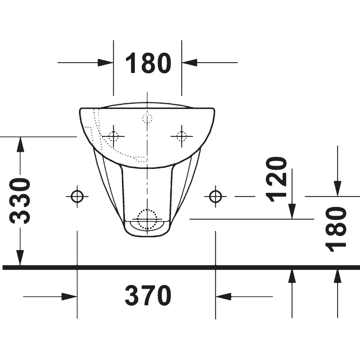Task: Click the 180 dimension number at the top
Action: (148, 63)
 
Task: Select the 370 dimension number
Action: (148, 296)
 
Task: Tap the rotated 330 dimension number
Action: (20, 201)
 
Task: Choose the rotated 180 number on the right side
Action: (337, 229)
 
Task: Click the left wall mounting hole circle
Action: (77, 196)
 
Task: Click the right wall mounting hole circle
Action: (215, 196)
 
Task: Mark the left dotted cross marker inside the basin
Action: (113, 136)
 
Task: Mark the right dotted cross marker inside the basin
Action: (181, 136)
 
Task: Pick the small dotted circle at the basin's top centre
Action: (147, 119)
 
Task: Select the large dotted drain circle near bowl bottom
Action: (147, 219)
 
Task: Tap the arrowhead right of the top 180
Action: (189, 63)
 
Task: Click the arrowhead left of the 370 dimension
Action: (69, 297)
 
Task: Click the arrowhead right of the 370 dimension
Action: (223, 297)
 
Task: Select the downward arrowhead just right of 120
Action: (292, 211)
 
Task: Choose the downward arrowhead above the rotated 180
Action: (338, 188)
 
